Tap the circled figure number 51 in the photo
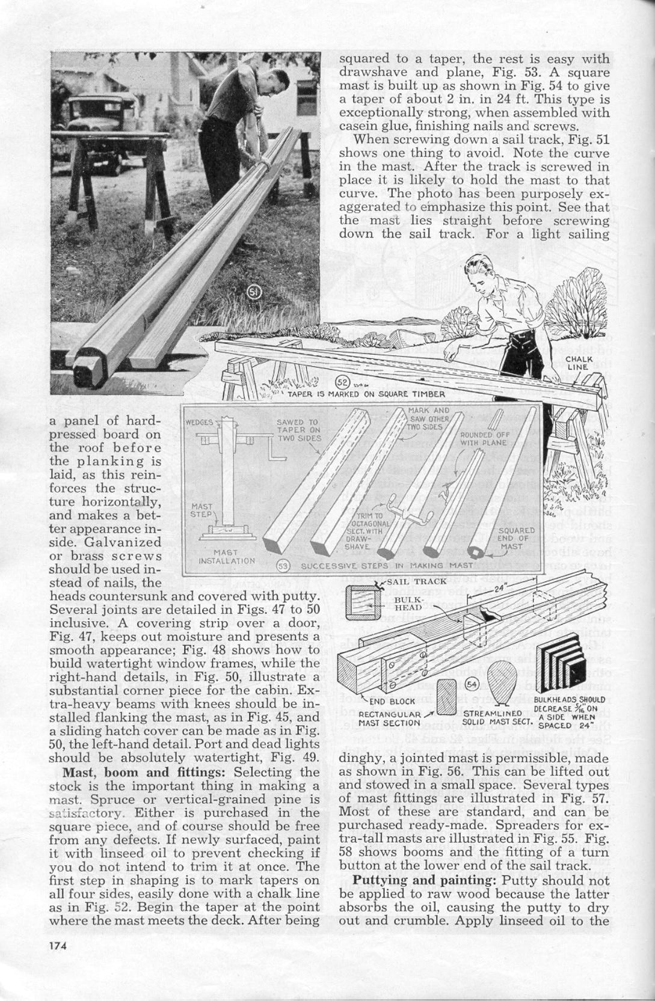[254, 293]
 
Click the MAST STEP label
[201, 510]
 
